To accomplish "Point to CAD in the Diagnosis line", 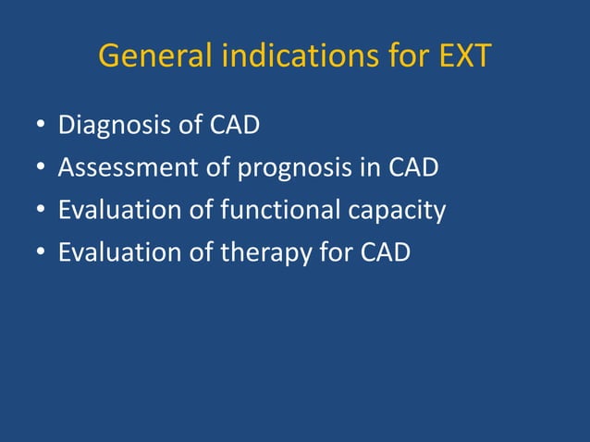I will pos(234,125).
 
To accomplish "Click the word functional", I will pos(282,211).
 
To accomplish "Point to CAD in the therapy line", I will pos(383,253).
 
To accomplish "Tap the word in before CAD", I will pos(368,168).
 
